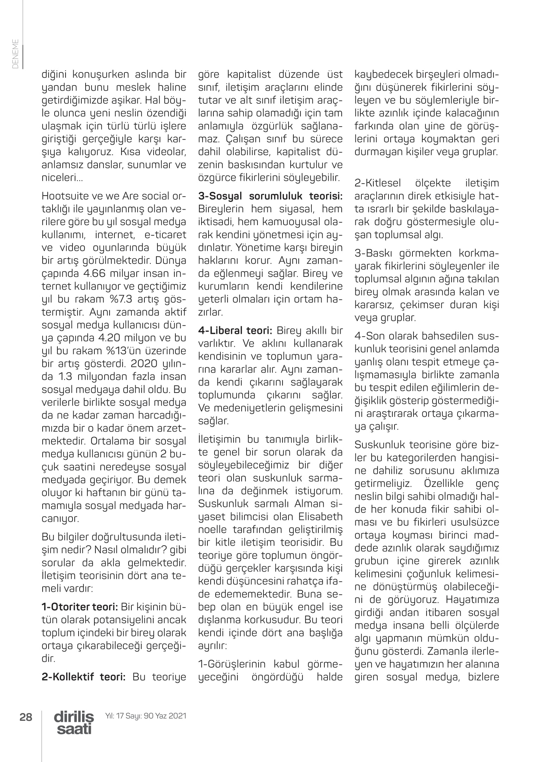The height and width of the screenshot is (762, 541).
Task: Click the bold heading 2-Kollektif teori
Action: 83,677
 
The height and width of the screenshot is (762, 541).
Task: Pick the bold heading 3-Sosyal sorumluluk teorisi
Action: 270,196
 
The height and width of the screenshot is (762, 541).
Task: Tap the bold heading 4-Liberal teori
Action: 235,331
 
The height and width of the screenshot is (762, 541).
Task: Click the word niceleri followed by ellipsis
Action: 62,178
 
